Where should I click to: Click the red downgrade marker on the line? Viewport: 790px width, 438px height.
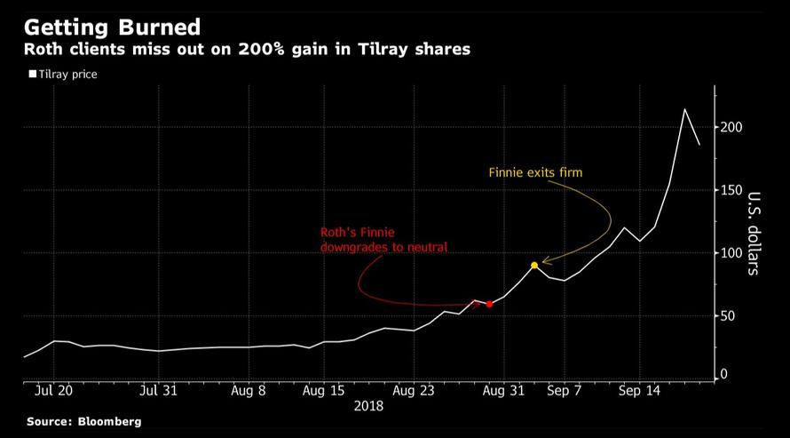click(489, 304)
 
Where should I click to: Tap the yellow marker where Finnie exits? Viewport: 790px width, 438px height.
click(534, 266)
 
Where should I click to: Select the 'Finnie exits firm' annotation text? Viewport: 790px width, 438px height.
click(535, 172)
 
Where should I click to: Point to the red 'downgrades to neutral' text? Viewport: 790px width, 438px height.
click(383, 247)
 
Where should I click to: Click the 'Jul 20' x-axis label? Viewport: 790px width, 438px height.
click(56, 390)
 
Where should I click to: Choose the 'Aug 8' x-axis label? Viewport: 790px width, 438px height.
click(249, 390)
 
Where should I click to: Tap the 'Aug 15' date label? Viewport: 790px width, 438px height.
click(324, 390)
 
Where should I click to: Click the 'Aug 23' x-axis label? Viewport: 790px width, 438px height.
click(415, 390)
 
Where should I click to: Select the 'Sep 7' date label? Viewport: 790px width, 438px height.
click(565, 390)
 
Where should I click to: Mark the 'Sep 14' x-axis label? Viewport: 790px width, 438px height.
click(640, 390)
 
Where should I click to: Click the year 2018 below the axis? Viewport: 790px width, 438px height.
click(368, 406)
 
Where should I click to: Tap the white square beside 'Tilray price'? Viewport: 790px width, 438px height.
click(33, 75)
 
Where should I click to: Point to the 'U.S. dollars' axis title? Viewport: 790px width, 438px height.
click(753, 233)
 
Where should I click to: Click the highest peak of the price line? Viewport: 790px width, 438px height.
click(684, 109)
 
